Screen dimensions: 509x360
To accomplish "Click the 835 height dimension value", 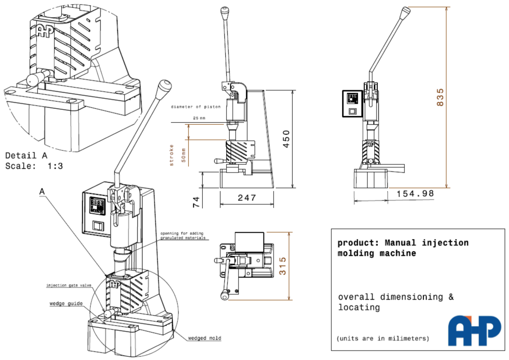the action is click(440, 97).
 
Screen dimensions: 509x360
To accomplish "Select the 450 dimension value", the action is click(286, 139).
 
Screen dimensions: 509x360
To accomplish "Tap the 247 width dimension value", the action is click(247, 198).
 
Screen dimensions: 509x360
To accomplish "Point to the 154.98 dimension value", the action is click(415, 193).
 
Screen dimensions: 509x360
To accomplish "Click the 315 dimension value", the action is click(283, 266).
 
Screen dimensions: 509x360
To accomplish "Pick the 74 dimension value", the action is click(197, 202).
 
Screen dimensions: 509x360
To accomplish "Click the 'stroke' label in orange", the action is click(171, 155).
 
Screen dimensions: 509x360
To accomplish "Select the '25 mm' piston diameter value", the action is click(199, 118).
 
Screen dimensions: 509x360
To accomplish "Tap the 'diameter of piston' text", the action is click(196, 107).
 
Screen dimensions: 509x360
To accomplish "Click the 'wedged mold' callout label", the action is click(204, 338).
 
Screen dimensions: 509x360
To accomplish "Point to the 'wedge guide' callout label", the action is click(66, 304).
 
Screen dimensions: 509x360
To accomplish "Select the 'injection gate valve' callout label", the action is click(69, 285).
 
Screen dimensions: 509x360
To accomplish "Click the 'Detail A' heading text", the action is click(26, 156).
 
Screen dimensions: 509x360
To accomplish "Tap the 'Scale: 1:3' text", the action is click(34, 166).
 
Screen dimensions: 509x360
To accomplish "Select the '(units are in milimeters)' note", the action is click(383, 339).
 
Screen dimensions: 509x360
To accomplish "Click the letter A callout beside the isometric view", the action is click(42, 192).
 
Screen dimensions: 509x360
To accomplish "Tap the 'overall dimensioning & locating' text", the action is click(396, 302).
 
